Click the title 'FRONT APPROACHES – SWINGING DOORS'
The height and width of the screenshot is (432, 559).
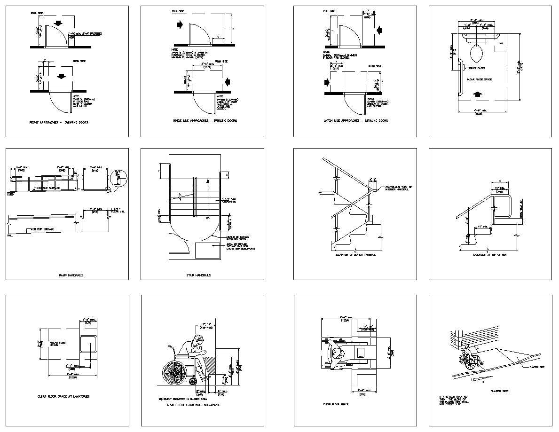[x=59, y=122]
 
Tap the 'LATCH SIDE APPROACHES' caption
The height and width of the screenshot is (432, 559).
[x=355, y=121]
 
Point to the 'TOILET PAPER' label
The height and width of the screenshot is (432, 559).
[x=477, y=68]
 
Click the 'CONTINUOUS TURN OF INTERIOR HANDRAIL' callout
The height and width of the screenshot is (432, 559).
[x=398, y=189]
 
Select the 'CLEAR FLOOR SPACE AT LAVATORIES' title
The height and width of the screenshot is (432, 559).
[x=63, y=396]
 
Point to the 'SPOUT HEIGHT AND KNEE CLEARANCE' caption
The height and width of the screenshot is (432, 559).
[x=193, y=404]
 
